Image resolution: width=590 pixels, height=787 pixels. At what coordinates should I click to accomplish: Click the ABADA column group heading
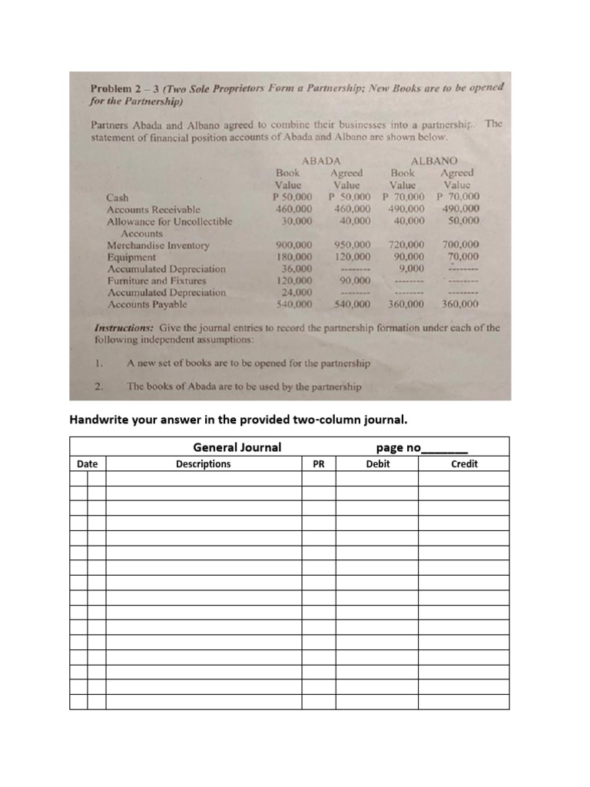click(321, 161)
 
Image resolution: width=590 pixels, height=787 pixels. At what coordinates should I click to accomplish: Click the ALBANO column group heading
click(434, 161)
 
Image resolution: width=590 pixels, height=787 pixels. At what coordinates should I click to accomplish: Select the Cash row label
click(118, 198)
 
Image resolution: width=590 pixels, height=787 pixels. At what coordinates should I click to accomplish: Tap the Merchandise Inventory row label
click(157, 246)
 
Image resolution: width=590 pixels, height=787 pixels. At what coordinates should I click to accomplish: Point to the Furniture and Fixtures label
click(156, 281)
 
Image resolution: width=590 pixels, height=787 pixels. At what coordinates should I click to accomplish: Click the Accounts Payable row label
click(147, 304)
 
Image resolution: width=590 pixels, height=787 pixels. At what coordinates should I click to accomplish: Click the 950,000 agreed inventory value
click(353, 245)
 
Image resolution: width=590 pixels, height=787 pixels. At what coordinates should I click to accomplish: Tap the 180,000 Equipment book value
click(293, 257)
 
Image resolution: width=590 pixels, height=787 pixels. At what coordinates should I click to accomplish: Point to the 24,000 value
click(297, 292)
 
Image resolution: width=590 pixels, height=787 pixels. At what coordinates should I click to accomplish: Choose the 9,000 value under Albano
click(412, 268)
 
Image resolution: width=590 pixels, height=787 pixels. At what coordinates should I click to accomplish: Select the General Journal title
click(237, 447)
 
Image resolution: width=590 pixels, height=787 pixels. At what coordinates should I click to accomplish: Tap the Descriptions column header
click(203, 464)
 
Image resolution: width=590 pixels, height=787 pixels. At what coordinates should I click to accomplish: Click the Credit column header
click(464, 464)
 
